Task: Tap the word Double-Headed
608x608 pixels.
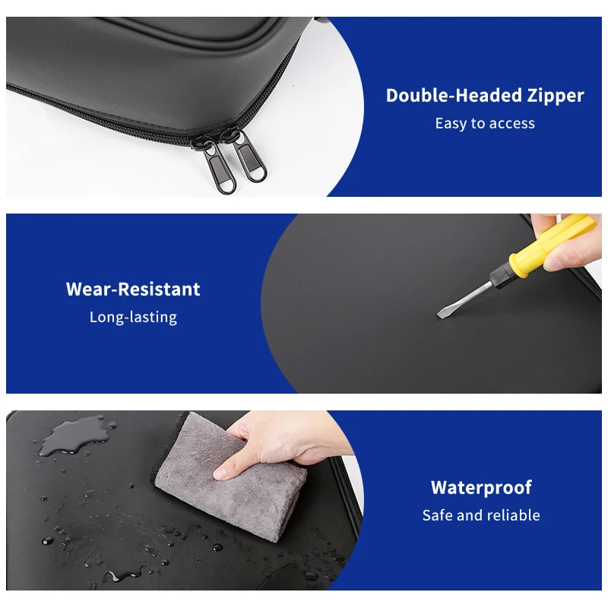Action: [x=454, y=96]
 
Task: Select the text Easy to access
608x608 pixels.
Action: [x=485, y=123]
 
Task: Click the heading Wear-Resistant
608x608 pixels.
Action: [x=133, y=289]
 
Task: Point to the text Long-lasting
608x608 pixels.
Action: [x=133, y=317]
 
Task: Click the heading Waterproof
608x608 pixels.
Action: [x=481, y=488]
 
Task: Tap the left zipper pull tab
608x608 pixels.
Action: [x=219, y=166]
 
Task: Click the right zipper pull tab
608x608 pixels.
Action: [x=250, y=156]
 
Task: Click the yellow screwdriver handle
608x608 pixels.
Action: [x=553, y=245]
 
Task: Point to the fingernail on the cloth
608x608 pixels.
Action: [x=220, y=473]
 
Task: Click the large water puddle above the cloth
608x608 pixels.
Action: [x=74, y=435]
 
